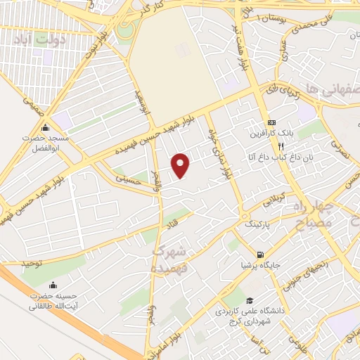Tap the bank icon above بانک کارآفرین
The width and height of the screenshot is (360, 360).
click(x=271, y=123)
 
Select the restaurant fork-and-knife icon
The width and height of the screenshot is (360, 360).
click(x=281, y=147)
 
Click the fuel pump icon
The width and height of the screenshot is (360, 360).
click(x=261, y=255)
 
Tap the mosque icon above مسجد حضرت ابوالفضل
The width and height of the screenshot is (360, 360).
click(x=46, y=128)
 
